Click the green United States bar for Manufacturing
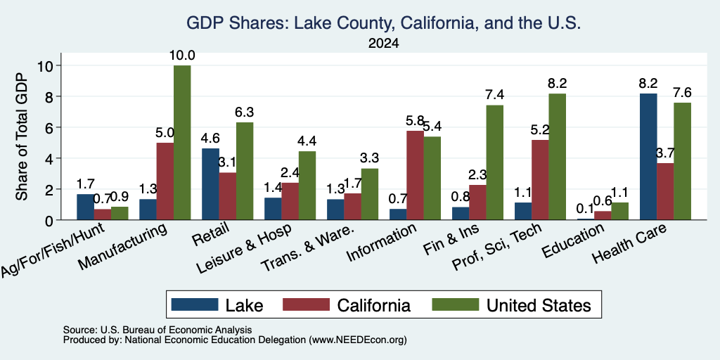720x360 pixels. pos(182,143)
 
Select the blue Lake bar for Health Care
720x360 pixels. pos(648,157)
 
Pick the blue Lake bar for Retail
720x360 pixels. pos(210,184)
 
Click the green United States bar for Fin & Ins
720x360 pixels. pos(495,162)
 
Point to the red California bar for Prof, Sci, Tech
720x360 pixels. pos(541,180)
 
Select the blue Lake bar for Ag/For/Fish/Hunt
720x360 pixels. pos(85,207)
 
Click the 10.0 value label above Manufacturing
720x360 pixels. pos(182,56)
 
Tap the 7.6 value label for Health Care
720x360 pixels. pos(682,93)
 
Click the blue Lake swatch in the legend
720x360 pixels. pos(195,304)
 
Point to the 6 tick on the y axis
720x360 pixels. pos(50,127)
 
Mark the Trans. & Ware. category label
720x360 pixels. pos(308,248)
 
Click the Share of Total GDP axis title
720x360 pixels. pos(22,136)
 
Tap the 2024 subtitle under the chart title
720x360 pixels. pos(383,44)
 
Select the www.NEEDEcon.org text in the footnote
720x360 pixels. pos(358,340)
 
